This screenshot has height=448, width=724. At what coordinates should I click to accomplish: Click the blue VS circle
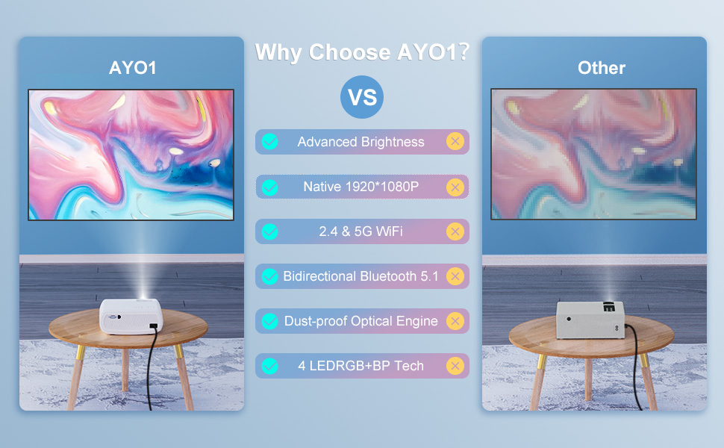tap(362, 97)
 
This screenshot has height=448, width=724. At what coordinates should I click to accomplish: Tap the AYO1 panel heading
tap(133, 68)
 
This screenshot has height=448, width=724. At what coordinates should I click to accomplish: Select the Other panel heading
tap(602, 68)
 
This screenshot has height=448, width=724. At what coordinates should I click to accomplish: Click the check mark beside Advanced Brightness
tap(269, 141)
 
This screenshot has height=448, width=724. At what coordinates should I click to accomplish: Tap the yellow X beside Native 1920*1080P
tap(455, 187)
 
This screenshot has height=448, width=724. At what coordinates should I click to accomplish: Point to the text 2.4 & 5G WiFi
tap(361, 231)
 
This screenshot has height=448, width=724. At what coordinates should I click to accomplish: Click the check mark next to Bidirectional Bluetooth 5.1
tap(269, 276)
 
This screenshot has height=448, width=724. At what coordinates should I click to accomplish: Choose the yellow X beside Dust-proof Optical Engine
tap(455, 321)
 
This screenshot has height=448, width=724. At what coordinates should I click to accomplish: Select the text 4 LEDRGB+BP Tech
tap(361, 366)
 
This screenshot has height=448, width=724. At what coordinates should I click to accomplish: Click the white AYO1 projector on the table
tap(131, 316)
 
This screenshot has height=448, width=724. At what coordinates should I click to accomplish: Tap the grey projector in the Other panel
tap(590, 320)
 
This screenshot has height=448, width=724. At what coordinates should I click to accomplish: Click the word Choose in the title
tap(349, 52)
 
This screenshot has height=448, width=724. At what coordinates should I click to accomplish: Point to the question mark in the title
tap(464, 51)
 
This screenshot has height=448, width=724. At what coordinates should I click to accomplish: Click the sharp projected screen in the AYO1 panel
tap(131, 155)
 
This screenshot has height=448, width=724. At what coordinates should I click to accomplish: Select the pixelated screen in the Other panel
tap(593, 154)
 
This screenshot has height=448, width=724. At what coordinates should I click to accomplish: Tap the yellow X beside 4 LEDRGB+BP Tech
tap(455, 366)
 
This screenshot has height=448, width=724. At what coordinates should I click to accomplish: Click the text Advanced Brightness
tap(361, 142)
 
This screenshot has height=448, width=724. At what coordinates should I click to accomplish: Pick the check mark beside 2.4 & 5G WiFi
tap(269, 231)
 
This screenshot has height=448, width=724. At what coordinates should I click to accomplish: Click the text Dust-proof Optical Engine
tap(361, 321)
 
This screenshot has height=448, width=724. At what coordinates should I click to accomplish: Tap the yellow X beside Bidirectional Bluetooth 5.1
tap(455, 276)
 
